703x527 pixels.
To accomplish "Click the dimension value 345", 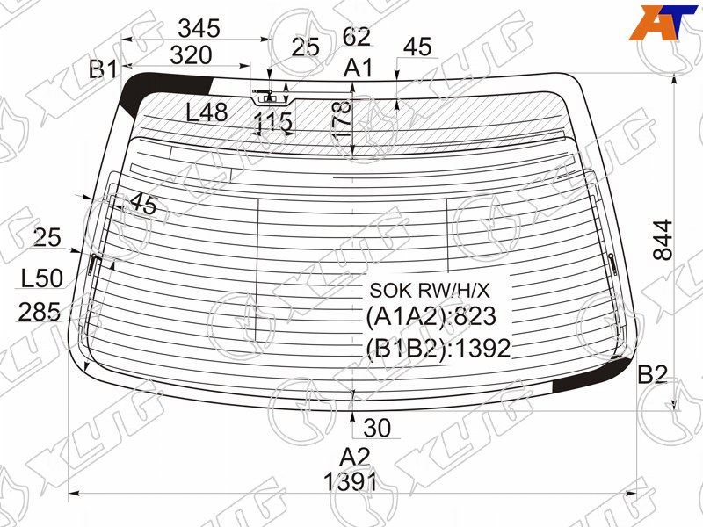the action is (x=199, y=29).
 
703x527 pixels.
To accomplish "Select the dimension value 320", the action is (x=191, y=55).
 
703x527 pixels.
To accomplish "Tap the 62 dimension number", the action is (x=357, y=37).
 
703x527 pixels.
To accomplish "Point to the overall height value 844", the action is (x=663, y=240).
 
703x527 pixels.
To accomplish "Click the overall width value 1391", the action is (x=350, y=482).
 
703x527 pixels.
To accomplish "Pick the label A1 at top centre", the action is (x=359, y=69).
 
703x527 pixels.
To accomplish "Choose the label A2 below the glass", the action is (x=354, y=458).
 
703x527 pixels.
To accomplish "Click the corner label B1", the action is (x=103, y=70).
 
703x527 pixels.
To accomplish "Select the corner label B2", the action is (x=652, y=374).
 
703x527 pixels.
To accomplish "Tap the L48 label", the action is (x=207, y=112).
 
